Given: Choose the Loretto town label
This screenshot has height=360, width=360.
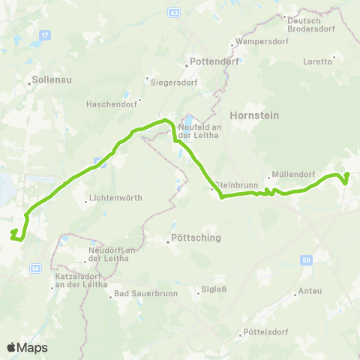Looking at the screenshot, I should [317, 61].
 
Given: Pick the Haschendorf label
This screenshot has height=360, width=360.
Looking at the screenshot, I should [112, 103].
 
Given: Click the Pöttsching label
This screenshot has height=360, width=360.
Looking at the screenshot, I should [193, 241].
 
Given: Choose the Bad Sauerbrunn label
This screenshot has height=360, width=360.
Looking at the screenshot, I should [146, 293].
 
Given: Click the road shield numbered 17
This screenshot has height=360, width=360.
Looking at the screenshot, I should [45, 34].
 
